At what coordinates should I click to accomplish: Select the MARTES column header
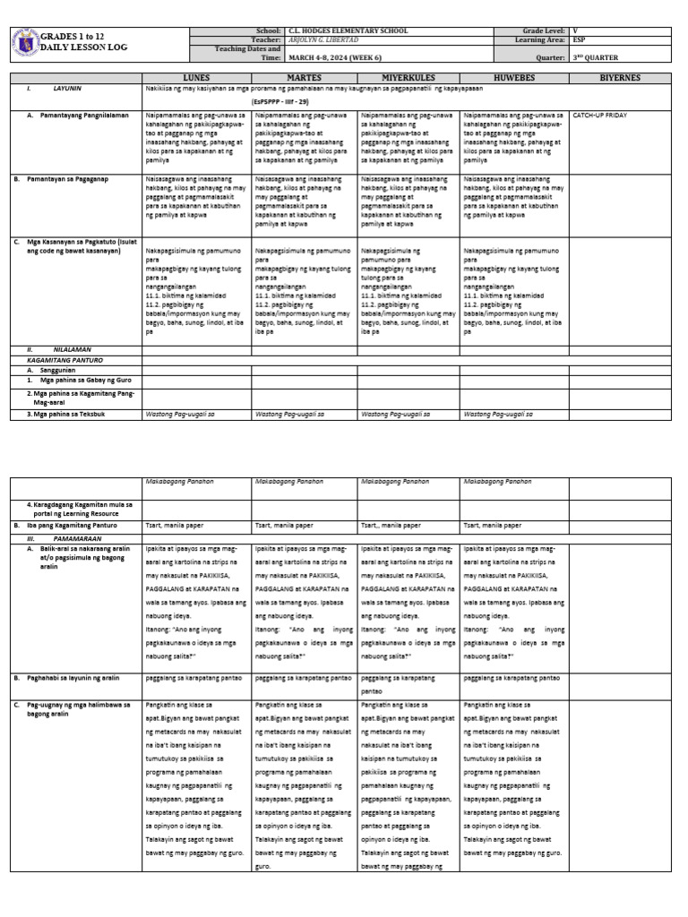click(x=304, y=78)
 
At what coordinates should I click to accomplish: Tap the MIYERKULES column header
click(x=408, y=78)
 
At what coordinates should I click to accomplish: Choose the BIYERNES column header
click(x=621, y=78)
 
